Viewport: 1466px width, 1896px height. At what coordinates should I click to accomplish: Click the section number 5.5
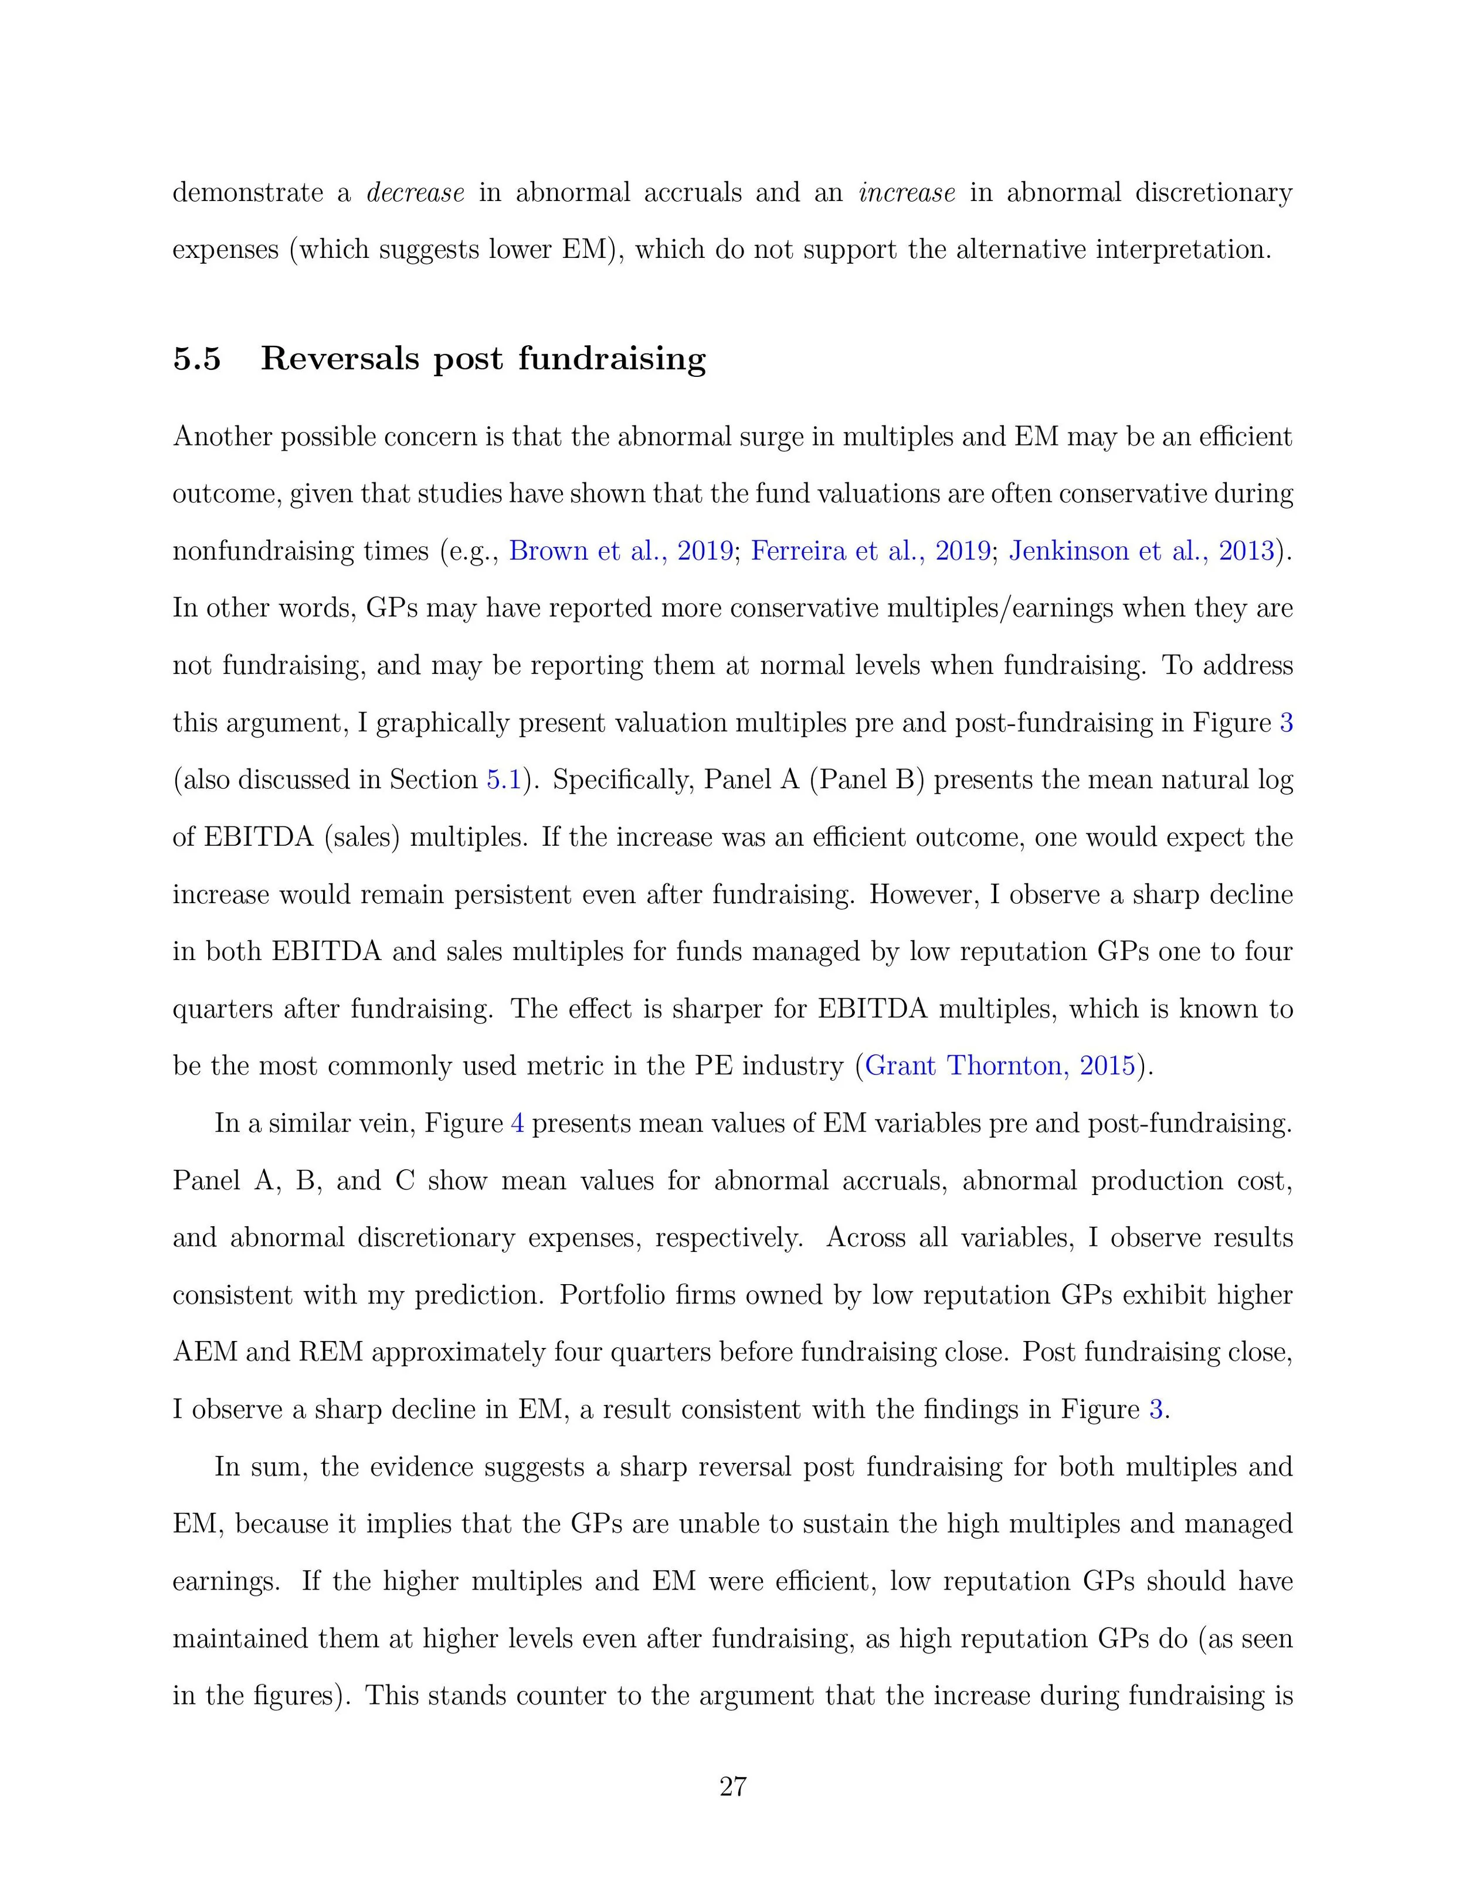pos(197,359)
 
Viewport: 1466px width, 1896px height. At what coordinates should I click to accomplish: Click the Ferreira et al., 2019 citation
pos(870,550)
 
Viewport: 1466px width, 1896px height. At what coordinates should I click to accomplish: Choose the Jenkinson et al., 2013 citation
pos(1141,550)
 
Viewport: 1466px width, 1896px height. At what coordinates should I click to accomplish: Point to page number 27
pos(733,1788)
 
